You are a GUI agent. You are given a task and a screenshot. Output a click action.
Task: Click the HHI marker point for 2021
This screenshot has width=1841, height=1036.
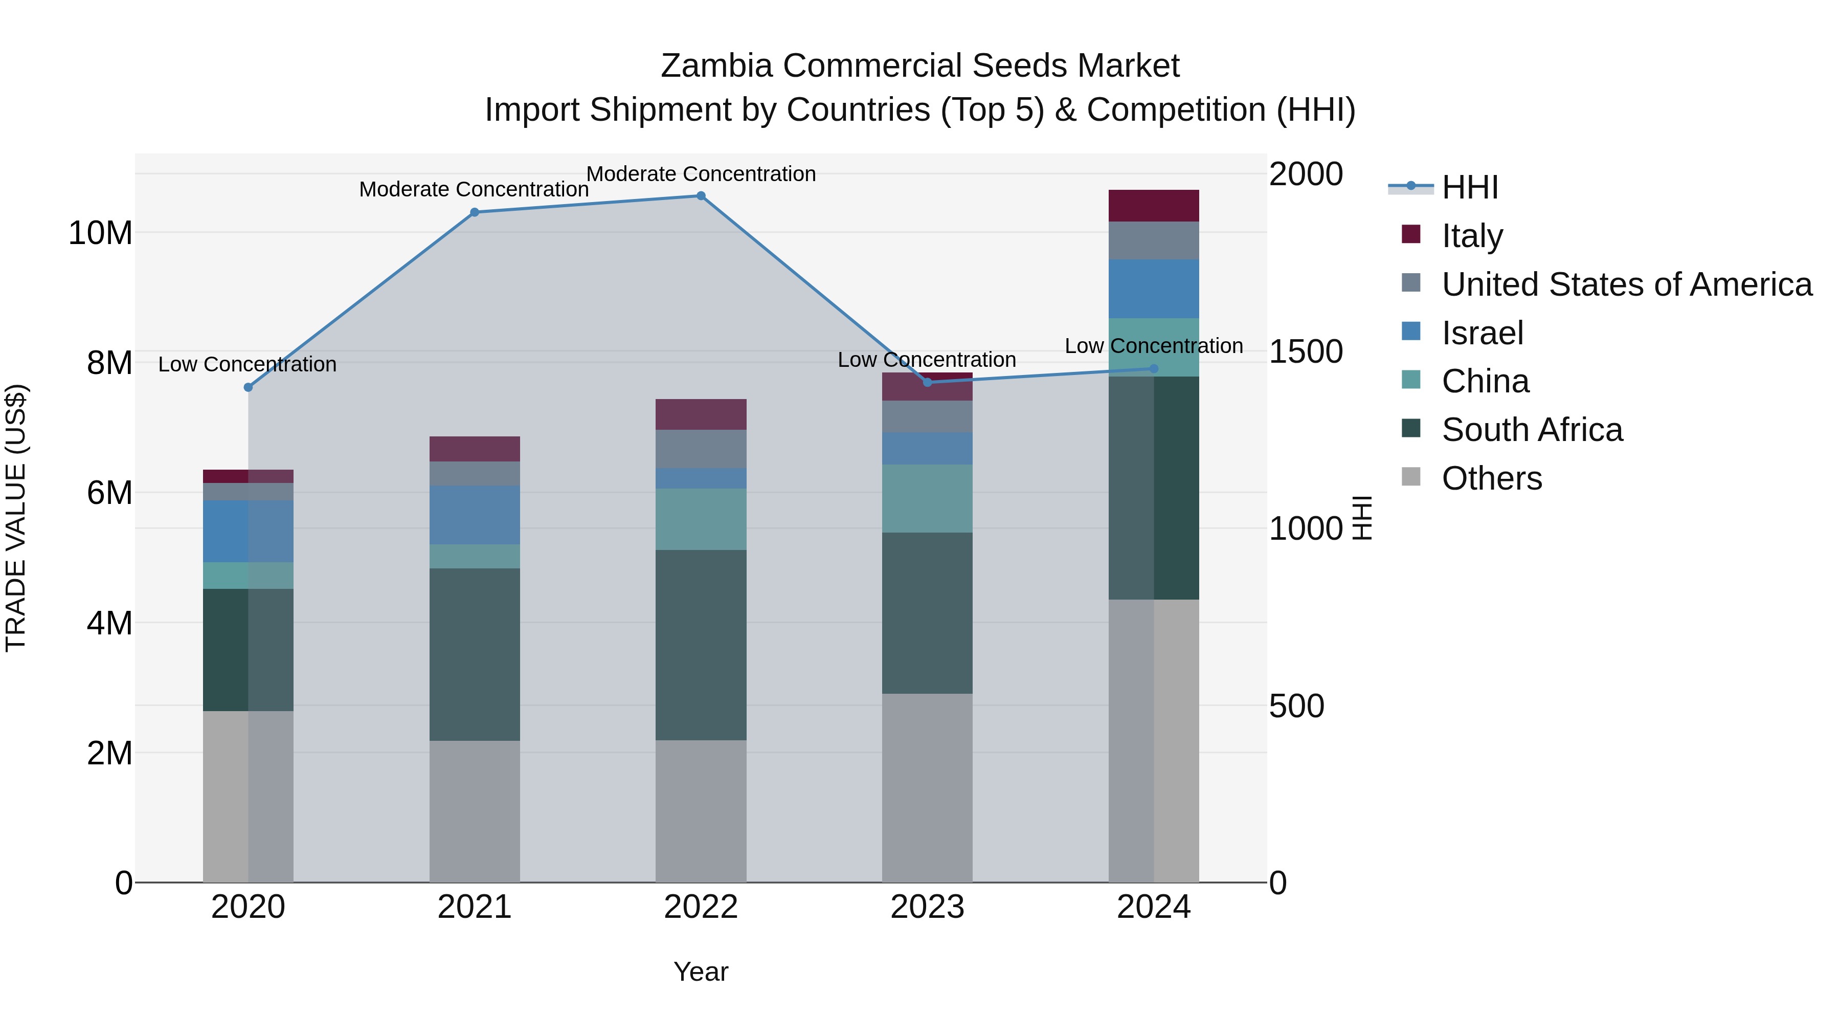point(475,212)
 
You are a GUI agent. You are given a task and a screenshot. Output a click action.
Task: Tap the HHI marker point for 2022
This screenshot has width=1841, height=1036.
point(701,196)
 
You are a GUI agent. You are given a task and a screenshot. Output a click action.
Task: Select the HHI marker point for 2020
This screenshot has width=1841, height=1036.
point(248,387)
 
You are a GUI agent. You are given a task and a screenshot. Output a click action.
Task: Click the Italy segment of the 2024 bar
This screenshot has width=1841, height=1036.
point(1154,206)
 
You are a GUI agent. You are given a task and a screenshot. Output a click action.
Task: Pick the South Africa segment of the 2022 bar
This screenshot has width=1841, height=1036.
point(701,645)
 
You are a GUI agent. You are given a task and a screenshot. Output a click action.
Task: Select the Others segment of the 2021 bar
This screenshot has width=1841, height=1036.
point(475,811)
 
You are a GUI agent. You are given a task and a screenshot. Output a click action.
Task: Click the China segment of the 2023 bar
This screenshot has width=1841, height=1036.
point(927,498)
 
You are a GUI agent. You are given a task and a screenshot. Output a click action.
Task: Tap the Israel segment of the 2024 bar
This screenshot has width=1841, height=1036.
point(1154,289)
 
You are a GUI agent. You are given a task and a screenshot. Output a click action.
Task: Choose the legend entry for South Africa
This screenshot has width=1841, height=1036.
point(1532,430)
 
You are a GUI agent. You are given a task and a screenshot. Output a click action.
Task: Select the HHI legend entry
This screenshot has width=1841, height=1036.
point(1469,187)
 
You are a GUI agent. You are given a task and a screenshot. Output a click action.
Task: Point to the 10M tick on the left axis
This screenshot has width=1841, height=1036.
point(100,233)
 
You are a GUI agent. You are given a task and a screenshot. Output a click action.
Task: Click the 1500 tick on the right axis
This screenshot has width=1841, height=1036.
point(1306,352)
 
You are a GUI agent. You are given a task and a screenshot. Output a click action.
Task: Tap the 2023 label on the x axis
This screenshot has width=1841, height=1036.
point(927,907)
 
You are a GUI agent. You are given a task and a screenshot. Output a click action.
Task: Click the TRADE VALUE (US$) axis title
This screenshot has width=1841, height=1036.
point(16,518)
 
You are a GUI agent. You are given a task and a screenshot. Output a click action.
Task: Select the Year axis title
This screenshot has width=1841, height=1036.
point(701,972)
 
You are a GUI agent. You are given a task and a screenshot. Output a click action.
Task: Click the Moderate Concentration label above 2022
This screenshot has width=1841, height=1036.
point(701,174)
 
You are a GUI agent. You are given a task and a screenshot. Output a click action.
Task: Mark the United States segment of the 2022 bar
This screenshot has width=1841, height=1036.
point(701,449)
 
